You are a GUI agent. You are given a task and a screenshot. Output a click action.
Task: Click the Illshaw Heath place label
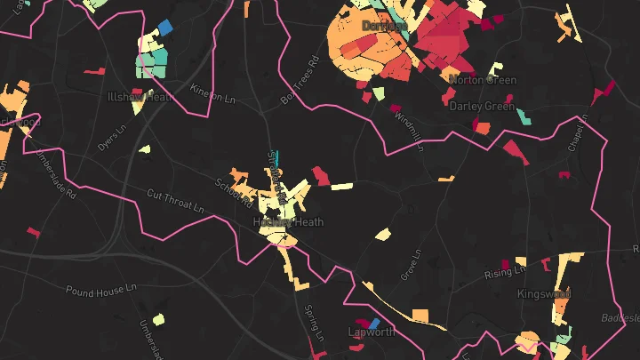pos(138,96)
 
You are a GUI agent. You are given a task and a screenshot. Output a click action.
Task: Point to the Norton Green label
pos(482,79)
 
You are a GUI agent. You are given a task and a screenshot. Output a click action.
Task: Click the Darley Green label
pos(482,106)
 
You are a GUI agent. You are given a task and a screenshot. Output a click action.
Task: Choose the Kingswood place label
pos(543,292)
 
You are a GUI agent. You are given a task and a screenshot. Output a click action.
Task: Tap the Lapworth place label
pos(370,332)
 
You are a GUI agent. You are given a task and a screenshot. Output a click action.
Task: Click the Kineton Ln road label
pos(212,92)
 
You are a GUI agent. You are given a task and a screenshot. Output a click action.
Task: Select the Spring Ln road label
pos(311,323)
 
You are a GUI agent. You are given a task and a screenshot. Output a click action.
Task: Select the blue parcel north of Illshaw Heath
pos(164,28)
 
